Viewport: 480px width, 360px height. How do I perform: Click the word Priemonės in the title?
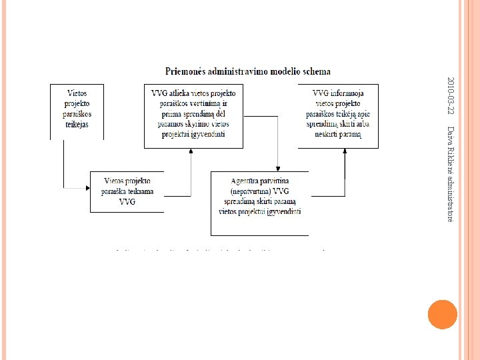point(189,71)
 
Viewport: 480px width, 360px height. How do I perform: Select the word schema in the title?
point(315,71)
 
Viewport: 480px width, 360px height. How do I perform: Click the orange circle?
point(442,314)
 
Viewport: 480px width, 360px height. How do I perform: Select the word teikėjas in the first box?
point(77,125)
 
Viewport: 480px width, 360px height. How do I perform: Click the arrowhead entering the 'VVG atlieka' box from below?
point(191,151)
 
